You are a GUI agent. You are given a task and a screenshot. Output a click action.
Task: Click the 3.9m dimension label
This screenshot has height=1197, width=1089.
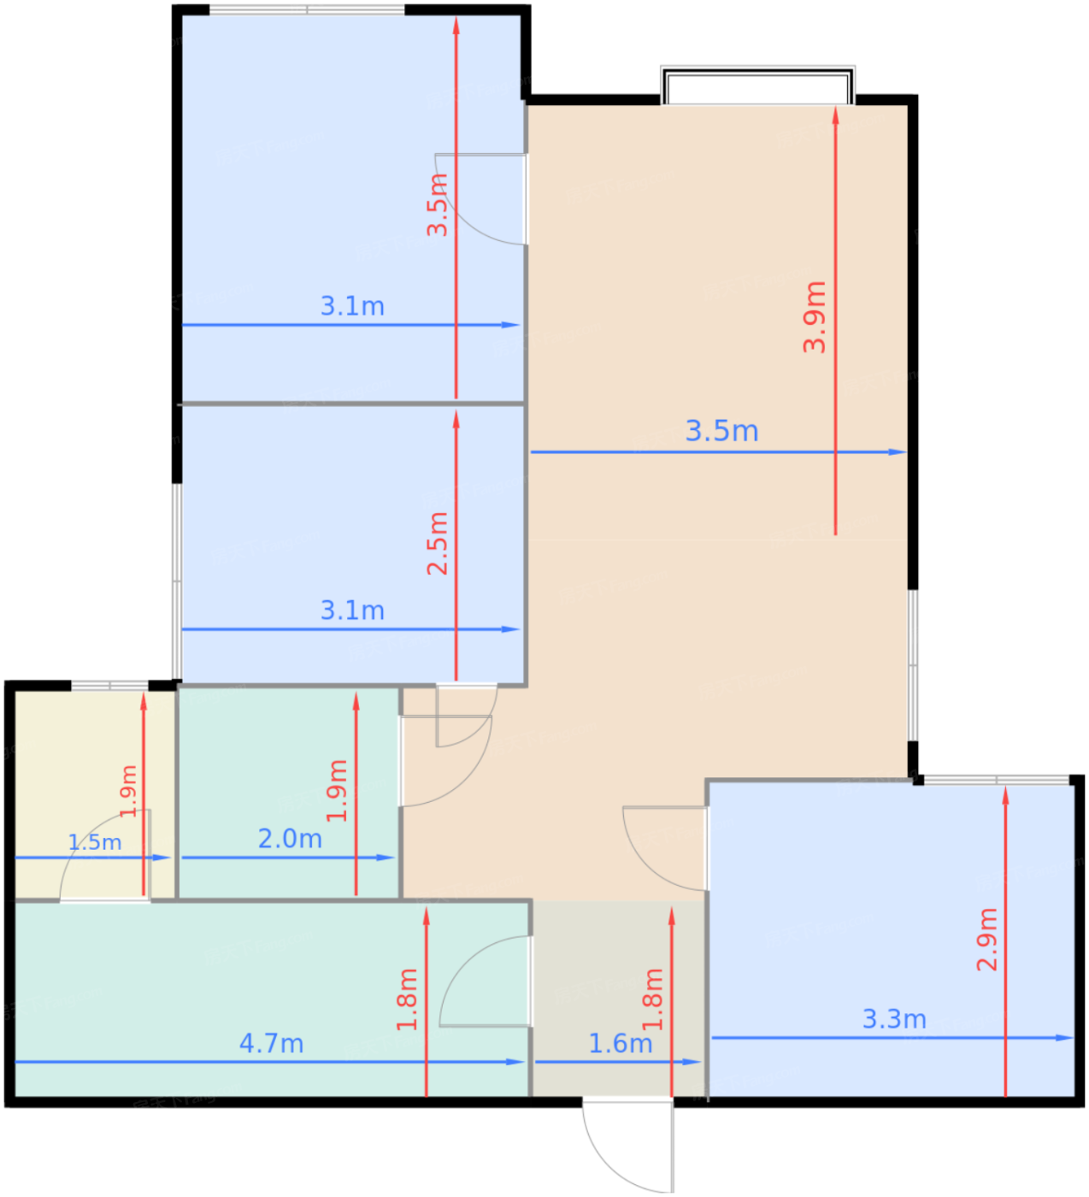814,317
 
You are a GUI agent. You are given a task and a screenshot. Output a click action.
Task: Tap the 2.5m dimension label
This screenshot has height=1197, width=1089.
438,543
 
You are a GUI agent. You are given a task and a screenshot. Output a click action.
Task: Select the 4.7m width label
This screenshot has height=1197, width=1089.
272,1043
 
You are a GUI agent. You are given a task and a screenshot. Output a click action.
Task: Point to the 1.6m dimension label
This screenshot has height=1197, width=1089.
620,1043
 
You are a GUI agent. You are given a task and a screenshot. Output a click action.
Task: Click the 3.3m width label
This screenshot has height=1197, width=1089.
894,1018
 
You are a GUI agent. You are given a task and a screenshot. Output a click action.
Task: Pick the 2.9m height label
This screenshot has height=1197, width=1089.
986,940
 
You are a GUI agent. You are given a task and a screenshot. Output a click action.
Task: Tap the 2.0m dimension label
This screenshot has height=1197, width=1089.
290,839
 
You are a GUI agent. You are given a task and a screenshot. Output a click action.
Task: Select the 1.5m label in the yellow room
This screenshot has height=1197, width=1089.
95,842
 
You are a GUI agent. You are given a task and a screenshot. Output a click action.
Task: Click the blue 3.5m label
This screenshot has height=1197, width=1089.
721,431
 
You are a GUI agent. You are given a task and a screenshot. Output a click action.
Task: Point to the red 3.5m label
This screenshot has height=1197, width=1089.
438,204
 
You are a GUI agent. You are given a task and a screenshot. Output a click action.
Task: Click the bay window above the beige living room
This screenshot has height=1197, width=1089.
757,85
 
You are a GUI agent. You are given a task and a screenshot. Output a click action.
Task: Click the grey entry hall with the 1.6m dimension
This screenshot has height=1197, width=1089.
618,999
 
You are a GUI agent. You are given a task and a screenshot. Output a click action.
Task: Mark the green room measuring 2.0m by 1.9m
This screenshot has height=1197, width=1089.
289,793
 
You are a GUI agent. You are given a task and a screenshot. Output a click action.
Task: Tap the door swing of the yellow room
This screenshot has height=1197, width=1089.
105,855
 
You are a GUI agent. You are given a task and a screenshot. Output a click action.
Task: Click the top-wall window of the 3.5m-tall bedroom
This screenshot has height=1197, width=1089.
307,9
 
